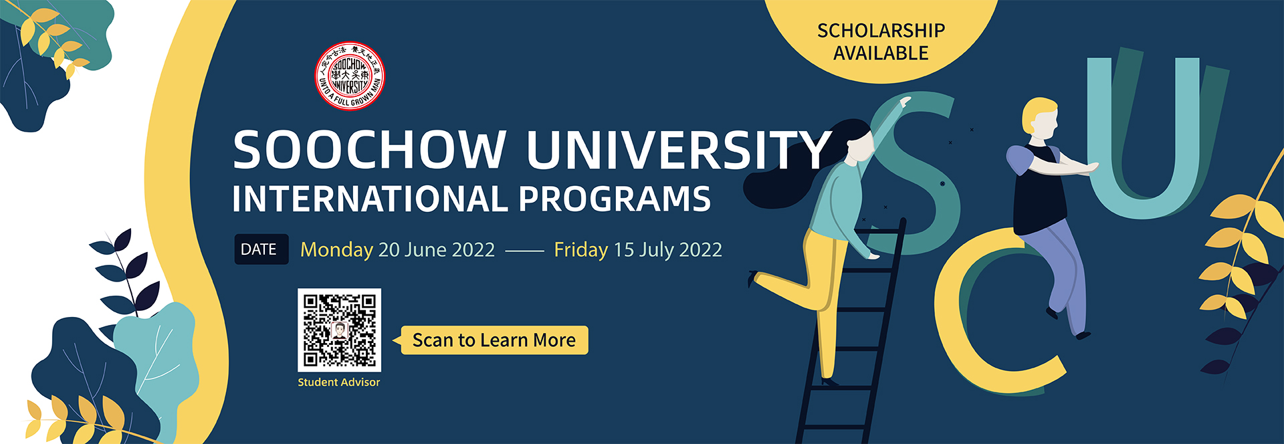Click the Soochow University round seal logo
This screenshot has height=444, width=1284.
350,76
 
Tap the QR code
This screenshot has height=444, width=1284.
339,330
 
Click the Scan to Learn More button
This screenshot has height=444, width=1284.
494,340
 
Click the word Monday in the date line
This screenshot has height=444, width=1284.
336,250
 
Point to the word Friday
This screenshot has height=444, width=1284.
580,250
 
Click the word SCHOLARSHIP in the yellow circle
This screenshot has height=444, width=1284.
881,31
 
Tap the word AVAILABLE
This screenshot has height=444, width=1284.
881,53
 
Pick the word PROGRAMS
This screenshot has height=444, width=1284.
614,199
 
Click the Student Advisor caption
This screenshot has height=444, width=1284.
338,382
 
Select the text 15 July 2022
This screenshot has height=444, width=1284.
667,250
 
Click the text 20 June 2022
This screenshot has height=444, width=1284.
436,250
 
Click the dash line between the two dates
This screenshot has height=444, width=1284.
524,251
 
